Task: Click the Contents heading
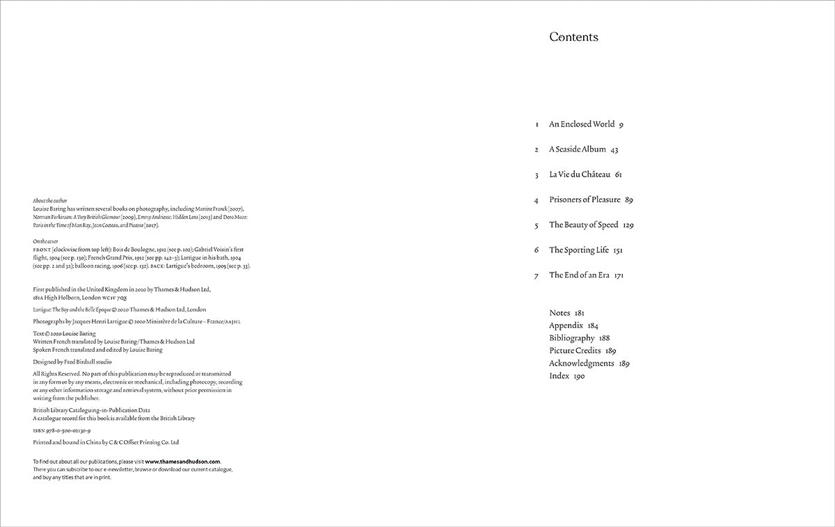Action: point(573,38)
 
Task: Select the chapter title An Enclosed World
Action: point(582,124)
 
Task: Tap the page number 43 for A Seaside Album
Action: point(614,149)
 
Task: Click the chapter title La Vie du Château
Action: point(580,175)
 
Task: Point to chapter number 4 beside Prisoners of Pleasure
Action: point(536,200)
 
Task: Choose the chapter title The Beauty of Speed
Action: point(584,225)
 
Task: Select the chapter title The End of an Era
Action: point(579,275)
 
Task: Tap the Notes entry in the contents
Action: point(559,314)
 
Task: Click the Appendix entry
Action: point(566,326)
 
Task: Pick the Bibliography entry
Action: point(571,339)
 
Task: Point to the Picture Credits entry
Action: point(575,351)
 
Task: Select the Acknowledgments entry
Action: point(581,364)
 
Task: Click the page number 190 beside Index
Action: point(579,376)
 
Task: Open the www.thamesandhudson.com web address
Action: point(183,462)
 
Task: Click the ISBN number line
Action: point(62,431)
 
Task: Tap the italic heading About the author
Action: point(50,200)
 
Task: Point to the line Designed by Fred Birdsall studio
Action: point(72,362)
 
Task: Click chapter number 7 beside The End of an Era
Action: point(536,276)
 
